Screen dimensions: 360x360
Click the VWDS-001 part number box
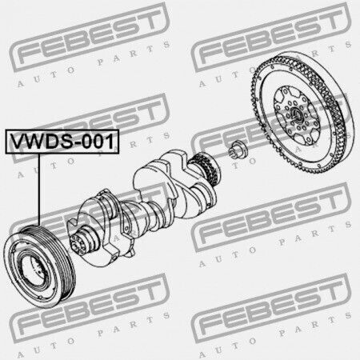(62, 142)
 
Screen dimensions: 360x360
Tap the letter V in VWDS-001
(18, 142)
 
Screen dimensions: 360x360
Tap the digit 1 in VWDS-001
(110, 142)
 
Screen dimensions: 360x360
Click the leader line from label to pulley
(39, 190)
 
